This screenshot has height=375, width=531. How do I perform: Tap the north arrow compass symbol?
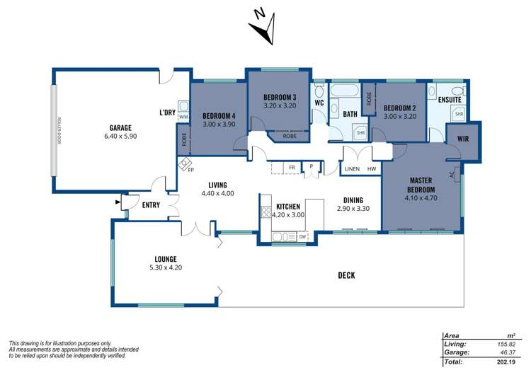263,26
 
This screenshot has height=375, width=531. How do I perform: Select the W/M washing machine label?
183,117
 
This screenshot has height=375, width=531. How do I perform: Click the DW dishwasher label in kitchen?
302,236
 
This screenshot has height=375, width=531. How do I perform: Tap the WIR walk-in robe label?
463,139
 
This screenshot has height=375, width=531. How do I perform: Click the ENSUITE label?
450,100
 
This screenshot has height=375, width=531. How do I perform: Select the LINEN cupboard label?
352,169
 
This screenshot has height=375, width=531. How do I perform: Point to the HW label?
372,169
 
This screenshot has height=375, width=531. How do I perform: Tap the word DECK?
346,276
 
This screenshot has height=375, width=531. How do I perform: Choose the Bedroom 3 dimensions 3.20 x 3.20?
280,105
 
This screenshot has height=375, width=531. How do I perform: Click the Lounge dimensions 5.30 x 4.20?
166,267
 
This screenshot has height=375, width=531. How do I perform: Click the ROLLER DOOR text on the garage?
57,131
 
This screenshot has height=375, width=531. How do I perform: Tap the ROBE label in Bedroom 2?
369,100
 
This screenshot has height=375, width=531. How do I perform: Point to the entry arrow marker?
118,203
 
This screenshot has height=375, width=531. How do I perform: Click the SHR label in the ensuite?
459,114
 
